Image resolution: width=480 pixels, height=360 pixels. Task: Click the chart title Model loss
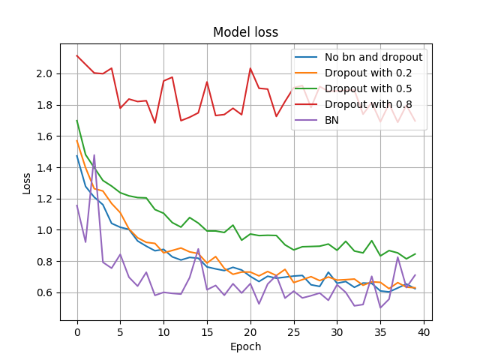(245, 32)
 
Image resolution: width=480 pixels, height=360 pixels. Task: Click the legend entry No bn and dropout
(373, 57)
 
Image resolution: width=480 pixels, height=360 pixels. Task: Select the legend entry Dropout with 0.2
(368, 73)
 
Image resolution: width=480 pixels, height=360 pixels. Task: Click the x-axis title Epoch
(246, 347)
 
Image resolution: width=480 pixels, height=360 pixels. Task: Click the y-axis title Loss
(27, 183)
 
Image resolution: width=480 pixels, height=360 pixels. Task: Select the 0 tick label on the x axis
(77, 331)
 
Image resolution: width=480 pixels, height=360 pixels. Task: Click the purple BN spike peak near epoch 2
(94, 155)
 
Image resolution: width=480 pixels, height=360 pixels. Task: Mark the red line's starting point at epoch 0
(77, 55)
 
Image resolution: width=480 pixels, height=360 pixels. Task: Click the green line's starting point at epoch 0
(77, 121)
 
